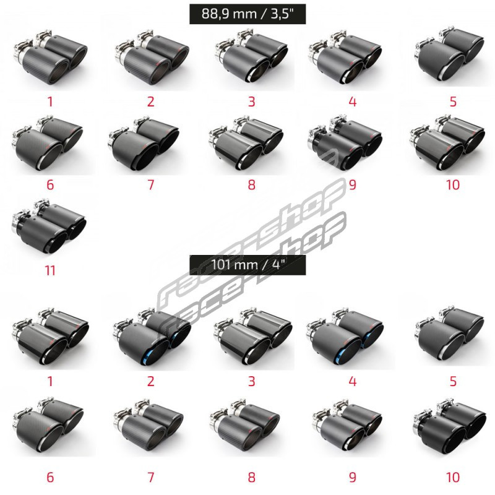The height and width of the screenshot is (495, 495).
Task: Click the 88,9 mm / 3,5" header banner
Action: [x=247, y=14]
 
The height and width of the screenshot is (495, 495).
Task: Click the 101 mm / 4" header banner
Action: [x=247, y=265]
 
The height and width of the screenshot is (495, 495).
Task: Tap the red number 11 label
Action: [x=50, y=270]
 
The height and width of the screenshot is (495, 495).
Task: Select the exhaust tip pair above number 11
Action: [x=49, y=226]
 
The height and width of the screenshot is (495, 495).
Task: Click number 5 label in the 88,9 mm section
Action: [x=453, y=101]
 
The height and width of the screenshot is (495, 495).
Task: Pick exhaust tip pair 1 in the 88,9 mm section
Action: [x=51, y=57]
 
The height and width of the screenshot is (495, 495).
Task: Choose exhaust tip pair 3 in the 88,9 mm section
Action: [x=251, y=56]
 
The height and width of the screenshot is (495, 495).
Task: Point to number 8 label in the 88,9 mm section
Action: [x=252, y=184]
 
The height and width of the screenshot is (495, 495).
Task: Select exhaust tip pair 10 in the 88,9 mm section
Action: [x=447, y=143]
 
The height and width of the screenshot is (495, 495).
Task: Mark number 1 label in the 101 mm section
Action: [x=50, y=381]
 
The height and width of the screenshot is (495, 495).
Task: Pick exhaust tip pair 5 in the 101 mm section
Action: [x=449, y=335]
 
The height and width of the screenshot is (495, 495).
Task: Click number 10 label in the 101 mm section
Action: [x=453, y=477]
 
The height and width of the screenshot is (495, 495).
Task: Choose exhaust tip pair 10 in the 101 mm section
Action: [x=450, y=427]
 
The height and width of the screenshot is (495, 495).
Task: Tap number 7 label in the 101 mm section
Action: [x=151, y=477]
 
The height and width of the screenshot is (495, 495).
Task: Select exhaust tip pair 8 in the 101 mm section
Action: [x=245, y=426]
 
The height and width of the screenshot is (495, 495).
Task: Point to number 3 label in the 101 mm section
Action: [x=252, y=381]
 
